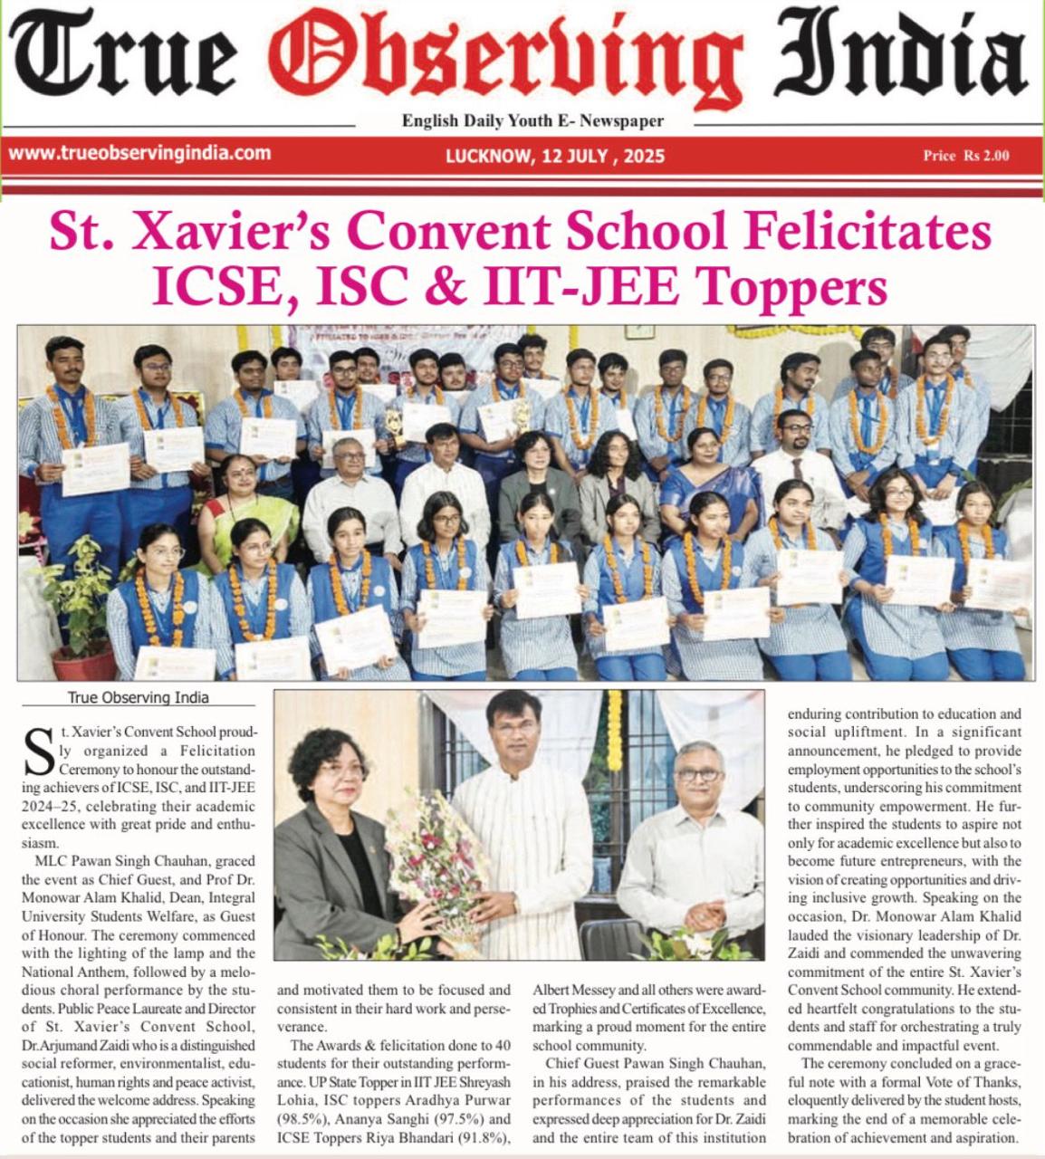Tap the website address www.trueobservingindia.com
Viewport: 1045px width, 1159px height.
(139, 153)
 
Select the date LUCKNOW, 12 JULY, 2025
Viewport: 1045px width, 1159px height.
(554, 156)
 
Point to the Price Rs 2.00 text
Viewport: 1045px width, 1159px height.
(965, 156)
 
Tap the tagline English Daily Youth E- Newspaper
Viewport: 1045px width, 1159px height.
(532, 120)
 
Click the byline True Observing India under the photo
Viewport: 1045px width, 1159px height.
(138, 697)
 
